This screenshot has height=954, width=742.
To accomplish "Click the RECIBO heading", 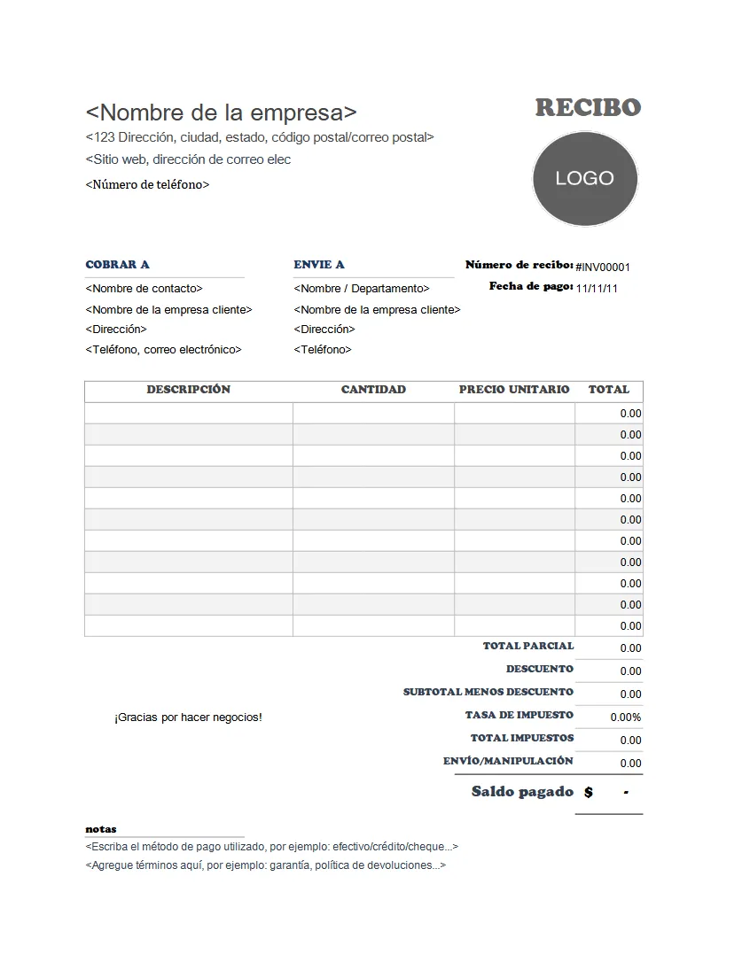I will (x=587, y=108).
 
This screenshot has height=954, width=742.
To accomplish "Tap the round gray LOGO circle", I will (x=584, y=178).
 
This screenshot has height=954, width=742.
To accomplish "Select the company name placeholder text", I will (x=222, y=112).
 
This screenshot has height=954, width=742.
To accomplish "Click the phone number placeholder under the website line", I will (x=147, y=185).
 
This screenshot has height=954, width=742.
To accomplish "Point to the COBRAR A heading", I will (x=117, y=264).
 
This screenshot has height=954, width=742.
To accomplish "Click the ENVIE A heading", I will (x=319, y=264).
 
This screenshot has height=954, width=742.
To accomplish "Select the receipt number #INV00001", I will (x=603, y=267).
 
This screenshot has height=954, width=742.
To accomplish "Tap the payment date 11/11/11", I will (x=598, y=288).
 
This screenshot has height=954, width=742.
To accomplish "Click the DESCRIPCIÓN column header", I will (x=188, y=390).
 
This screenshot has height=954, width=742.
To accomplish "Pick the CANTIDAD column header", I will (x=373, y=390).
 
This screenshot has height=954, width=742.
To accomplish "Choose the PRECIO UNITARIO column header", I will (x=514, y=390).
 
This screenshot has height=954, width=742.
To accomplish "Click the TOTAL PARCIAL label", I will (x=528, y=647).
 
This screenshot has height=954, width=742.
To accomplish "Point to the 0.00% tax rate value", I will (x=625, y=717).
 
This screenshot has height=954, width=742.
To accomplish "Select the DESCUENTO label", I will (x=540, y=670).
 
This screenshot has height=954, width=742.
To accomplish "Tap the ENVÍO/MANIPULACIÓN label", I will (x=508, y=762).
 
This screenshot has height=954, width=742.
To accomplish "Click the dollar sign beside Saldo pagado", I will (x=589, y=793).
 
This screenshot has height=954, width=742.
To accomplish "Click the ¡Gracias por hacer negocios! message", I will (x=188, y=717).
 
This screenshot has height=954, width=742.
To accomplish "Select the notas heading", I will (x=100, y=829).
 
